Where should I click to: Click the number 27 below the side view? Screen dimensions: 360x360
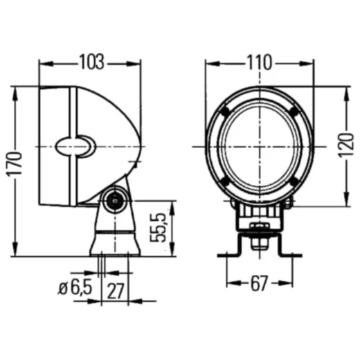[116, 290]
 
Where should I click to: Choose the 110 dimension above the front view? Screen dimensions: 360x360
[258, 62]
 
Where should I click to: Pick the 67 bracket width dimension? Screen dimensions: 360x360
[260, 282]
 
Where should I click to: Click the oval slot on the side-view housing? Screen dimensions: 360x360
[76, 145]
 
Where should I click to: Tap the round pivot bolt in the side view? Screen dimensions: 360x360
[113, 201]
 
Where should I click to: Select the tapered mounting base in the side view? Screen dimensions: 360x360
[114, 235]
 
